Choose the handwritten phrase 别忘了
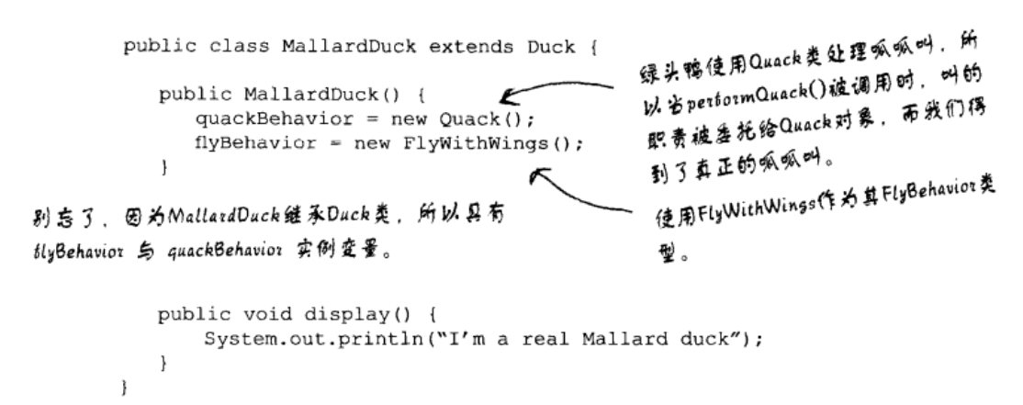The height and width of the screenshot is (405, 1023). pyautogui.click(x=41, y=220)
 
